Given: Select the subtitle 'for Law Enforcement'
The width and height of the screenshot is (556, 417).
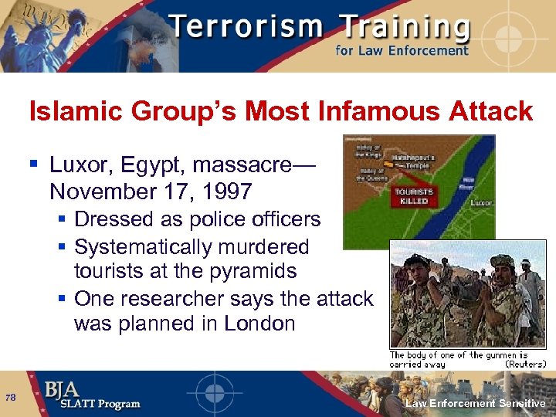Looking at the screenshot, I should coord(402,51).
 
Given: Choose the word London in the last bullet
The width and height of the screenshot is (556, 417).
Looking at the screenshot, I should coord(259,323).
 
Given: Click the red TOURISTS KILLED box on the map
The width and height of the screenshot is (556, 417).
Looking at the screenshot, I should coord(414,195).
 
